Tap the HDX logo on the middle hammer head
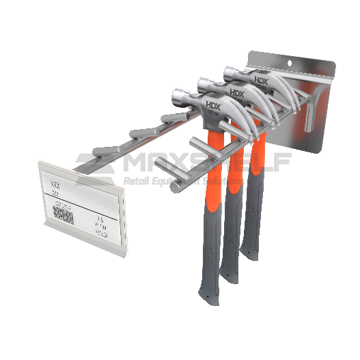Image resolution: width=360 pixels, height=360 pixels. pyautogui.click(x=236, y=93)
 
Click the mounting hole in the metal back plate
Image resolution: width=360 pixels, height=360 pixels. pyautogui.click(x=296, y=61)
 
